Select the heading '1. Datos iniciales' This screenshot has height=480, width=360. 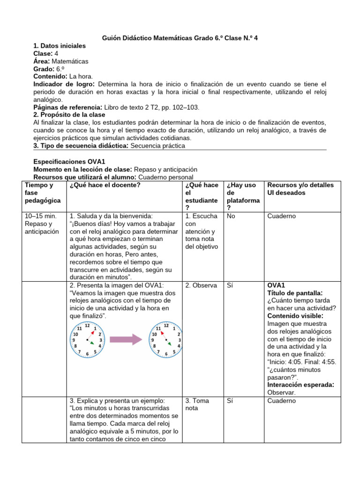pyautogui.click(x=60, y=46)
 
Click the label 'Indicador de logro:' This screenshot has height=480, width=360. pyautogui.click(x=64, y=84)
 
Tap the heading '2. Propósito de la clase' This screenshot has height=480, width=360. pyautogui.click(x=69, y=115)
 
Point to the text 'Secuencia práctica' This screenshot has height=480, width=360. pyautogui.click(x=157, y=145)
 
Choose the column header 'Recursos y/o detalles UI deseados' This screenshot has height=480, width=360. pyautogui.click(x=300, y=189)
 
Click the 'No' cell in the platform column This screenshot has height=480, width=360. pyautogui.click(x=231, y=216)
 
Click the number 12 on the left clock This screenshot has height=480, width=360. pyautogui.click(x=88, y=325)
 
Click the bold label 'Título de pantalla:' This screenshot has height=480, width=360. pyautogui.click(x=294, y=292)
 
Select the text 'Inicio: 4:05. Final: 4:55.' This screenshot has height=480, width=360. pyautogui.click(x=302, y=362)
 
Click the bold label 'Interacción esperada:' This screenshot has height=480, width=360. pyautogui.click(x=300, y=385)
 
